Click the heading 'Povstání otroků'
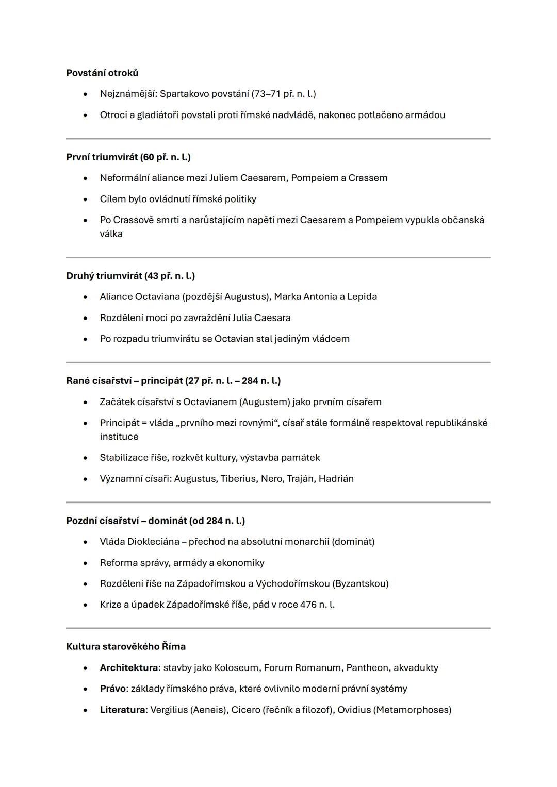coord(102,73)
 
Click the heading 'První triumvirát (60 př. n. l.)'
coord(128,157)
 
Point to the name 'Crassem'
coord(368,178)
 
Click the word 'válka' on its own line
coord(111,233)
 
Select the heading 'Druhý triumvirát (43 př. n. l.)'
coord(130,276)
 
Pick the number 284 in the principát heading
coord(250,381)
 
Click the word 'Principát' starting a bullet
coord(120,423)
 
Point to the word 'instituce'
coord(119,437)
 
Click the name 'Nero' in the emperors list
coord(271,479)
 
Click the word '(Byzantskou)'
coord(361,583)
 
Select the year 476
coord(308,605)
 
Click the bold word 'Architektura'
coord(128,668)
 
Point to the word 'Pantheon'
coord(367,668)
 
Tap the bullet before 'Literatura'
coord(85,710)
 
